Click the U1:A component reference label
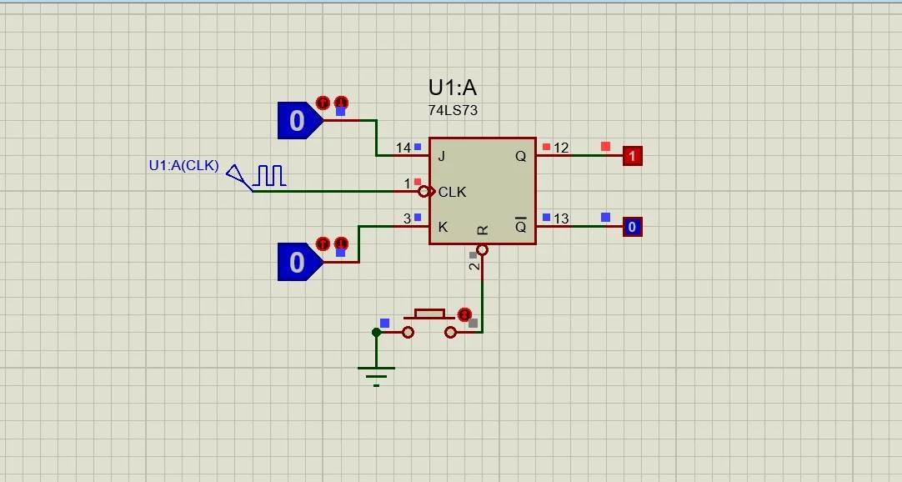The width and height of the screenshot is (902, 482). click(x=452, y=88)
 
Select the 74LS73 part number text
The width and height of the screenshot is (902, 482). click(x=453, y=110)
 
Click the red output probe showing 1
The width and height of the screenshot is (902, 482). click(x=632, y=156)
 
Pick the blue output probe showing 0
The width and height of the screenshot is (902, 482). click(x=632, y=227)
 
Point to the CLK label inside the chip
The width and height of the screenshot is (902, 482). click(x=452, y=192)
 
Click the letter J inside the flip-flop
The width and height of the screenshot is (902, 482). click(x=441, y=157)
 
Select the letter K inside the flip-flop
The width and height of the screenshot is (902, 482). click(x=443, y=227)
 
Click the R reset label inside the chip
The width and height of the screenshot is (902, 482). click(x=483, y=230)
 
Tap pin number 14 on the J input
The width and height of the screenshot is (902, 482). click(x=403, y=148)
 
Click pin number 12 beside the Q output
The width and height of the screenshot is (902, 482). click(x=561, y=148)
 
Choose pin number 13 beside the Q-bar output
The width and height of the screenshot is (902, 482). click(x=561, y=218)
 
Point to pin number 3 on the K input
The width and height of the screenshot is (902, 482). click(x=408, y=218)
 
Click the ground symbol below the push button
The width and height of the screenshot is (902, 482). click(x=376, y=376)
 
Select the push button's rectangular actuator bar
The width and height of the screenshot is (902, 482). click(x=429, y=314)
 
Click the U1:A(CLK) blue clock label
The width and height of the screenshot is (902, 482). click(x=183, y=166)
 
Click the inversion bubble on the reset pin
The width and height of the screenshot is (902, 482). click(x=483, y=249)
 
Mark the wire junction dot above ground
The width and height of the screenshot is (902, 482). click(x=376, y=333)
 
